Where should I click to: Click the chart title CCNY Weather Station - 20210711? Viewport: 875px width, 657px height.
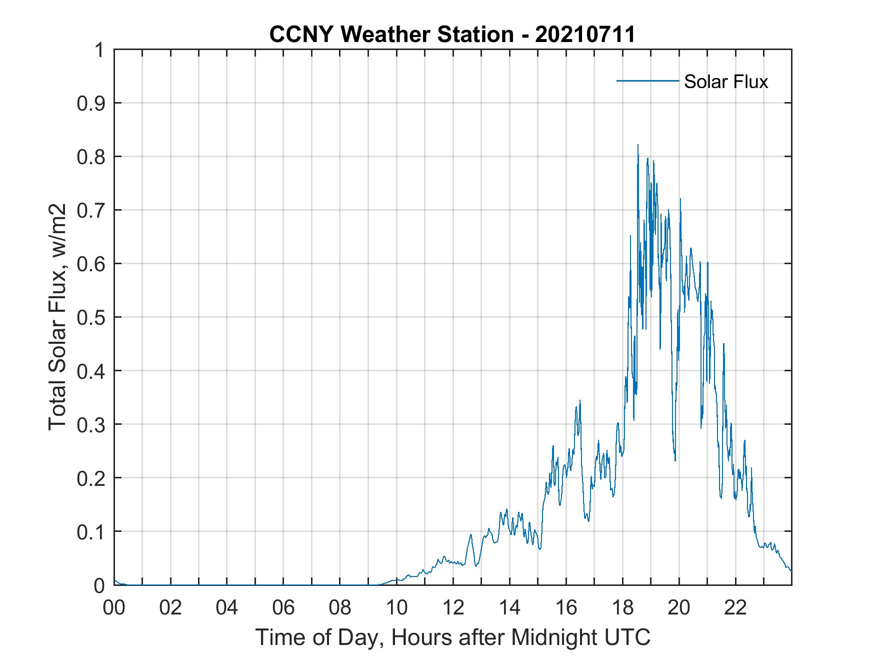[452, 35]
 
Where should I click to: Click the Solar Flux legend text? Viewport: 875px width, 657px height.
[725, 82]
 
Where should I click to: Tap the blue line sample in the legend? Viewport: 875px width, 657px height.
[647, 81]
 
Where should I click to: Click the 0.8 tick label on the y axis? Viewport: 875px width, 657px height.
[91, 157]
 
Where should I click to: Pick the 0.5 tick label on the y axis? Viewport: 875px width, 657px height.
[91, 317]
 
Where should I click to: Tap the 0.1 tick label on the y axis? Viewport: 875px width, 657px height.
[91, 531]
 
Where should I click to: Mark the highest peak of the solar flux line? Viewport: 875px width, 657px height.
[637, 146]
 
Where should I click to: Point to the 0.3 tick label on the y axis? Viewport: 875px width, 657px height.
[91, 424]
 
